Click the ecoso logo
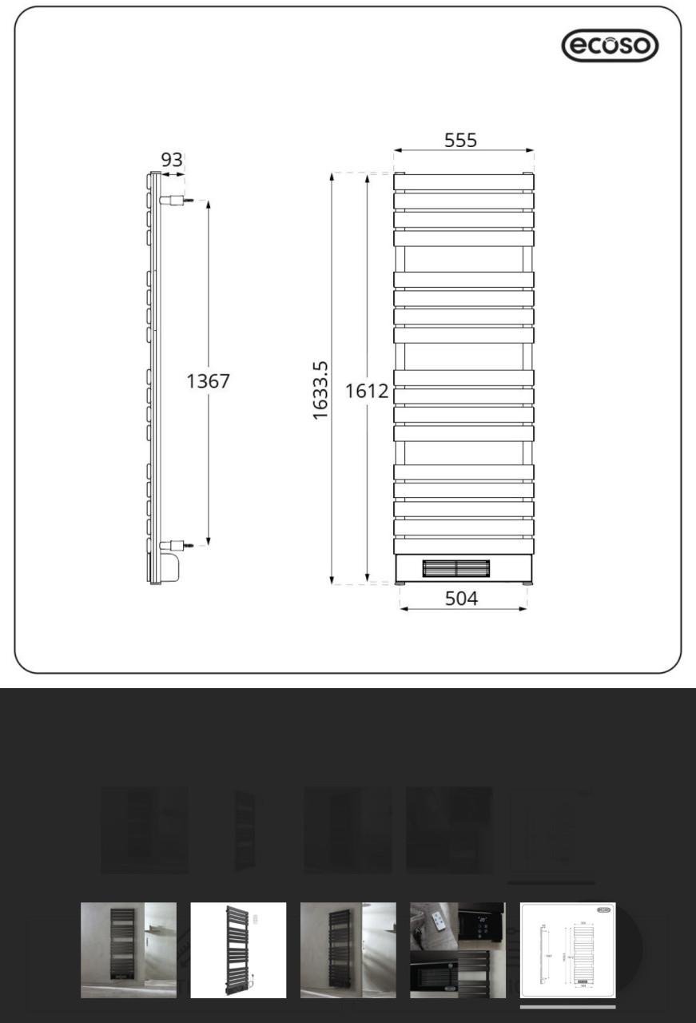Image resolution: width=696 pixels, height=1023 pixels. (610, 46)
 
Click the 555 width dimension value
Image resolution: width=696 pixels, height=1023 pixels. (460, 140)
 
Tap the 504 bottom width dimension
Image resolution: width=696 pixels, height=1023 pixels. (461, 598)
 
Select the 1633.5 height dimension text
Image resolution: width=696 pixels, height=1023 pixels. (320, 389)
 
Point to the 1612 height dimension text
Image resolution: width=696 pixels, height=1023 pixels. (367, 391)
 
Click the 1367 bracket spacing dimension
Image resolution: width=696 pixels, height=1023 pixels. (208, 381)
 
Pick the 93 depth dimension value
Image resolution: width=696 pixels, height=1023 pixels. (172, 160)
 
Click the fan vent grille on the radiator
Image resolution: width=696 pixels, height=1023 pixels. (455, 567)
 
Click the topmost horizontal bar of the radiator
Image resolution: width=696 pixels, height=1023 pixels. (463, 182)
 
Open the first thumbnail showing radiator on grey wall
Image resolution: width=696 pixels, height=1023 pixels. (129, 949)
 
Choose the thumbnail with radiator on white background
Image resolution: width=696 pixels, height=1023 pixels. (238, 949)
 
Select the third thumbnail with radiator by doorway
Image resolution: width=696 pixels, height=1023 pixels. (348, 949)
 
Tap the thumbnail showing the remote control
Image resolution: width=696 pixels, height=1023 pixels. (458, 949)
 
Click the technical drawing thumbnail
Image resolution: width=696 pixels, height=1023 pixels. (567, 949)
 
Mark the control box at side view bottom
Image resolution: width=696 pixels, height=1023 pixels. (173, 566)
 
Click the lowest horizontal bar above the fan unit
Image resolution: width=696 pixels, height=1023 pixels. (463, 546)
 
